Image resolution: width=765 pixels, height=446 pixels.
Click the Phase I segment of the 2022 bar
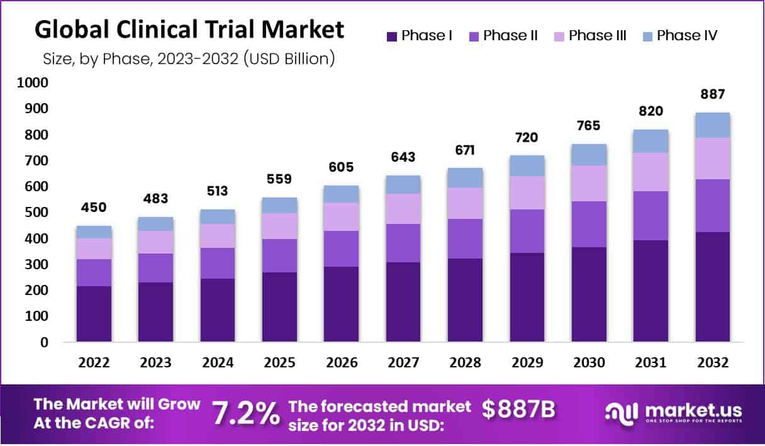pos(94,314)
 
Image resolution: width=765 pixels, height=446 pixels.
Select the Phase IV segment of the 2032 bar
pos(712,125)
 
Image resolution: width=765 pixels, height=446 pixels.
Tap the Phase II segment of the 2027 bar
pos(403,243)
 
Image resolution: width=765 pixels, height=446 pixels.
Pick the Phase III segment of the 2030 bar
pos(589,183)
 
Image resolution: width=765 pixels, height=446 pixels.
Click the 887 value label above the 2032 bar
pos(712,94)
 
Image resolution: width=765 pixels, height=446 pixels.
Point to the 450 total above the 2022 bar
pos(94,208)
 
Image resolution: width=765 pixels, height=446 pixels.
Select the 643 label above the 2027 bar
pos(403,157)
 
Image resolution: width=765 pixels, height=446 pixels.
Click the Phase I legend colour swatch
pos(392,36)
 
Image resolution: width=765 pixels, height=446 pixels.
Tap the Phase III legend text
pos(597,36)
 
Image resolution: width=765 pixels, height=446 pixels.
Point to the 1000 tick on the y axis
pos(33,83)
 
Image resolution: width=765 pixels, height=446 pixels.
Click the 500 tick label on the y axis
pos(36,213)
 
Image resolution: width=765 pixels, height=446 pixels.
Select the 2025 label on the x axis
pos(279,363)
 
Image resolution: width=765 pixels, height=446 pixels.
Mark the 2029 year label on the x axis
pos(527,363)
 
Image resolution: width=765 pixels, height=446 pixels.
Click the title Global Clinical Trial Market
pos(189,30)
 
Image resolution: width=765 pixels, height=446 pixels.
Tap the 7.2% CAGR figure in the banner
pos(245,413)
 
